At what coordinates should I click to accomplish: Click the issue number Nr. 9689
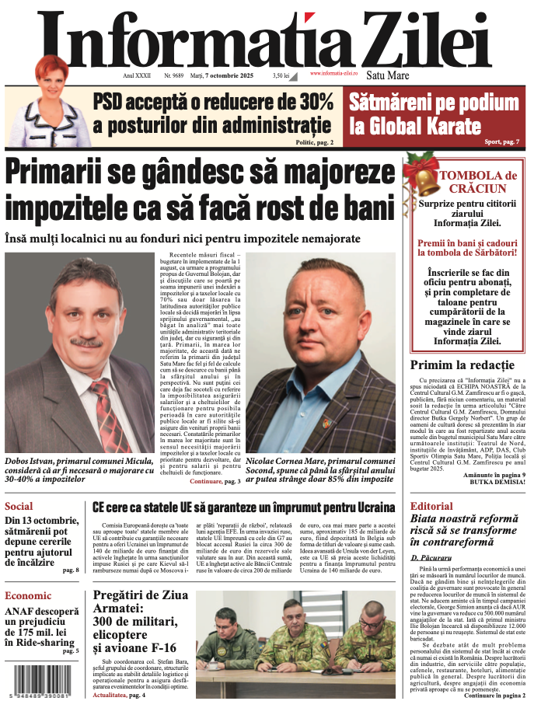(174, 75)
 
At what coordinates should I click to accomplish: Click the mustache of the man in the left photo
(86, 342)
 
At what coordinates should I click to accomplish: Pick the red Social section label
(19, 506)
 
